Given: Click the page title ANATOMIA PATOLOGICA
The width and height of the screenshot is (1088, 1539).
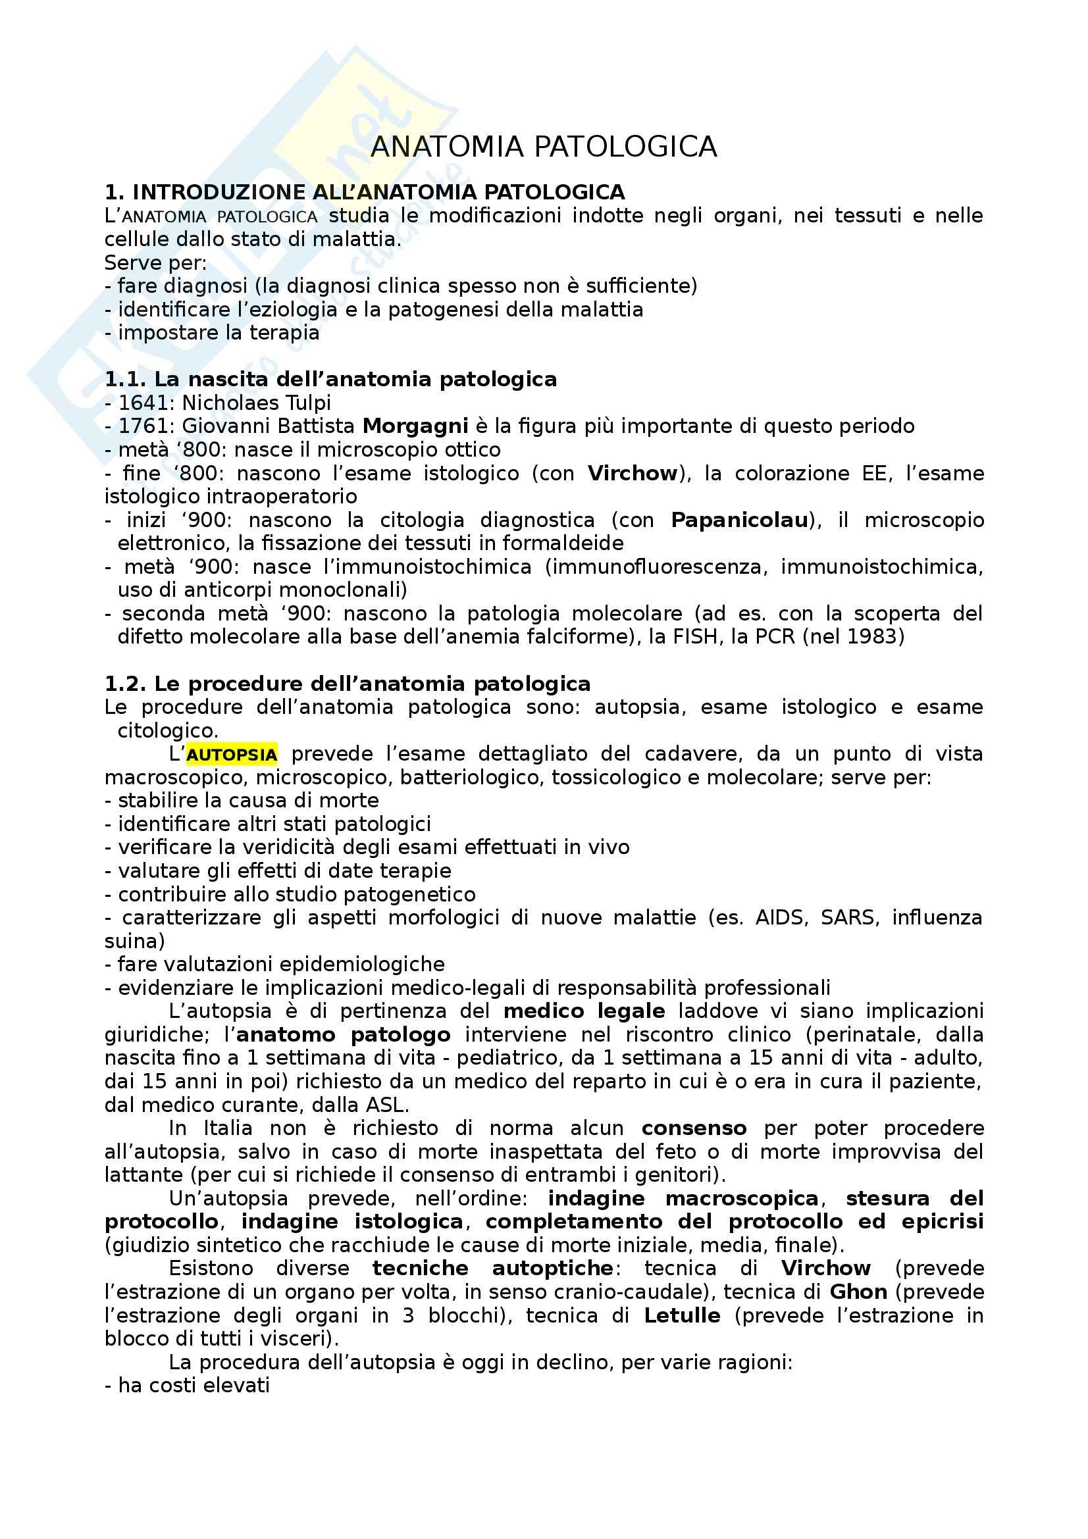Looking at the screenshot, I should tap(544, 147).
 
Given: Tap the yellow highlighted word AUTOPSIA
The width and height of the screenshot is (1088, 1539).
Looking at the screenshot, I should tap(231, 755).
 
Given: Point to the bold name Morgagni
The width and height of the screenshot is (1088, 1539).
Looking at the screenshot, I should tap(415, 426).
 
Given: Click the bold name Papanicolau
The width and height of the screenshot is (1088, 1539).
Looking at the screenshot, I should tap(739, 520).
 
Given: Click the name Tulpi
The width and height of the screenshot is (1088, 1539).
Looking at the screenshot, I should tap(305, 403).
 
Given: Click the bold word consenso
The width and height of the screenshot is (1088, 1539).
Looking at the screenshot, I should tap(694, 1128).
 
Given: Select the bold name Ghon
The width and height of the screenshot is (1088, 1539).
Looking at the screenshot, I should tap(858, 1292).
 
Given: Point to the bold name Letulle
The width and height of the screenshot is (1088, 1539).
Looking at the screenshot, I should tap(682, 1315).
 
